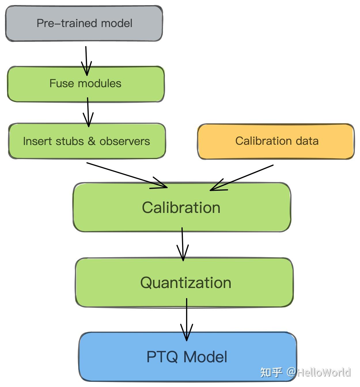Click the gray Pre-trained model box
click(x=84, y=23)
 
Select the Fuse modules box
click(x=86, y=84)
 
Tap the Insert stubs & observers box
click(x=87, y=141)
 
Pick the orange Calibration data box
click(x=276, y=142)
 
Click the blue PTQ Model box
click(x=188, y=357)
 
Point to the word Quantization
click(x=186, y=283)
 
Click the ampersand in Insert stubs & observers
click(x=92, y=141)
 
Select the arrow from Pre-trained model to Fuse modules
click(x=86, y=61)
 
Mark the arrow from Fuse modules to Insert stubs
click(x=88, y=112)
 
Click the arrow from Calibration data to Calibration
click(x=242, y=178)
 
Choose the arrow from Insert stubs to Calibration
click(x=127, y=176)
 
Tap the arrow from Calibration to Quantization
click(x=183, y=244)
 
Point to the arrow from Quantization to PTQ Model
click(x=187, y=320)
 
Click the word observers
click(x=125, y=141)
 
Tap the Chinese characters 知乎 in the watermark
click(x=271, y=372)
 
